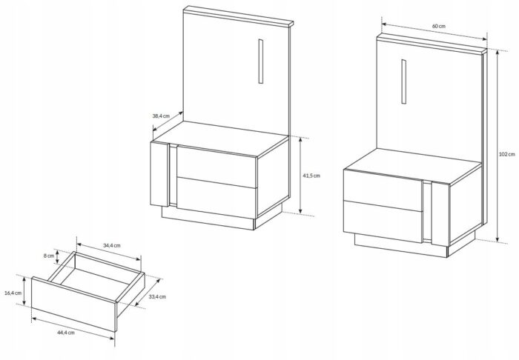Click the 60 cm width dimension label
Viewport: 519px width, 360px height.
point(439,26)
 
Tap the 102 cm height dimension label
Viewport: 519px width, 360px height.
point(506,154)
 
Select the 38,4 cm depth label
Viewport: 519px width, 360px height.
point(161,116)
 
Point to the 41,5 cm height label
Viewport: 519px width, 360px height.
point(311,176)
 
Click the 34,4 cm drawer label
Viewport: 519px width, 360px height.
point(112,246)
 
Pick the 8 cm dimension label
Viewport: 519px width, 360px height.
point(49,256)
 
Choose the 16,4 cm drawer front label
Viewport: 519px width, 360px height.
point(13,293)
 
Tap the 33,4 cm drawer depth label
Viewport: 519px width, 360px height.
point(157,297)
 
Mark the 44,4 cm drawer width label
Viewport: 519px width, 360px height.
point(66,333)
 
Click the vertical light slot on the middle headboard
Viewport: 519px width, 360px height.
point(261,61)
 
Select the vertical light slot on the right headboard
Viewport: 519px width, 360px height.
point(404,81)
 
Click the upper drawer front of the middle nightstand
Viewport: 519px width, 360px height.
point(216,167)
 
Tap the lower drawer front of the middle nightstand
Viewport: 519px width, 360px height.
point(216,198)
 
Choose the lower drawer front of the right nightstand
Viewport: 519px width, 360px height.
point(383,221)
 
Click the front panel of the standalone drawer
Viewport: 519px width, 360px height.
point(74,304)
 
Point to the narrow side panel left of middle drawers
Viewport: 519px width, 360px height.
point(159,174)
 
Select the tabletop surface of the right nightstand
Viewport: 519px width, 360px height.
point(412,165)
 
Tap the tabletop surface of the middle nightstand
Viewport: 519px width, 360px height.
point(220,139)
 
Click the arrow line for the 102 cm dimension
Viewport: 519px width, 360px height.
point(497,146)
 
